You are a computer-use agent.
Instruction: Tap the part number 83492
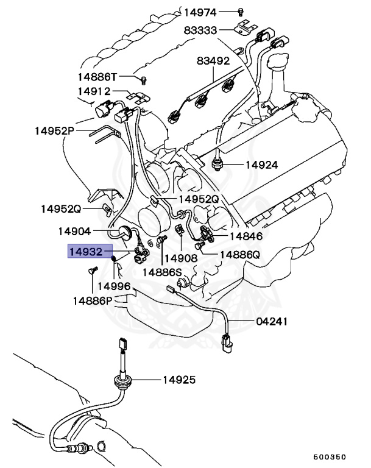(x=213, y=61)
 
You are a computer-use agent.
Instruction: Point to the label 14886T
(x=97, y=77)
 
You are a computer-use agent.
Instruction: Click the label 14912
(x=94, y=92)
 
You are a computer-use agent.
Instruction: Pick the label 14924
(x=261, y=165)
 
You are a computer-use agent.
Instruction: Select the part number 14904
(x=74, y=232)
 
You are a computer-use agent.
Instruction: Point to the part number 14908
(x=181, y=258)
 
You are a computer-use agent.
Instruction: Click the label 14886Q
(x=240, y=255)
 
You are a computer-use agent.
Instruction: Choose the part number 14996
(x=114, y=286)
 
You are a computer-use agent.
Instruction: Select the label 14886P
(x=93, y=300)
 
